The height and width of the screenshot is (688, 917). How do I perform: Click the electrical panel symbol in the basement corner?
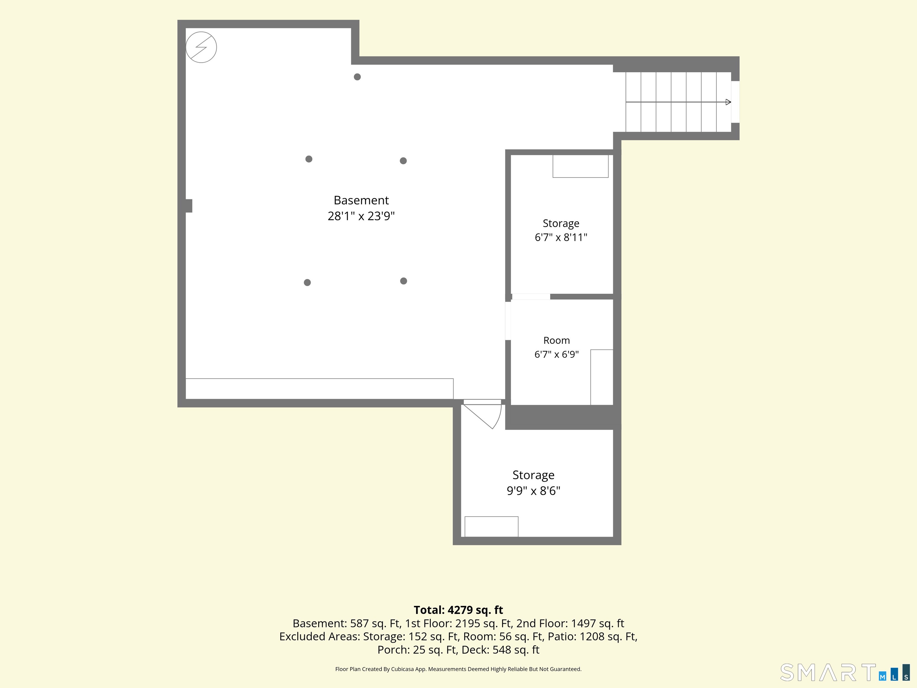point(201,47)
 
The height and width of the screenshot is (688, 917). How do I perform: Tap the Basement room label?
point(361,200)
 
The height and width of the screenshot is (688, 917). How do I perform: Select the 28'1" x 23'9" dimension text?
point(361,216)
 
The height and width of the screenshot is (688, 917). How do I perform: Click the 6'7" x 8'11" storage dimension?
point(561,237)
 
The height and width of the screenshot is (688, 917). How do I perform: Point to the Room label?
point(556,340)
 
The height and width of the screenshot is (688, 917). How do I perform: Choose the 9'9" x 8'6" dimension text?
point(533,491)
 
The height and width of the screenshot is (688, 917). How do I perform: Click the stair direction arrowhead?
point(728,102)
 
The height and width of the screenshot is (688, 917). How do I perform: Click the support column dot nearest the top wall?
point(357,77)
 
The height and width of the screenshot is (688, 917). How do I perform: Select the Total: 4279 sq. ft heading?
point(458,610)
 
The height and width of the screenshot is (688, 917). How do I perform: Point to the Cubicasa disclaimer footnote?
point(458,669)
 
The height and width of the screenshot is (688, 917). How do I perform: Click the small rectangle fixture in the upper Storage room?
point(580,166)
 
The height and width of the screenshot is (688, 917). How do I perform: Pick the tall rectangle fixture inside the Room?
point(601,377)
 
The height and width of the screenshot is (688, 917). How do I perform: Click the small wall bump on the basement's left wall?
point(189,206)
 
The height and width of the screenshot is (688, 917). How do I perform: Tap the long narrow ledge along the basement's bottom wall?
point(319,388)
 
